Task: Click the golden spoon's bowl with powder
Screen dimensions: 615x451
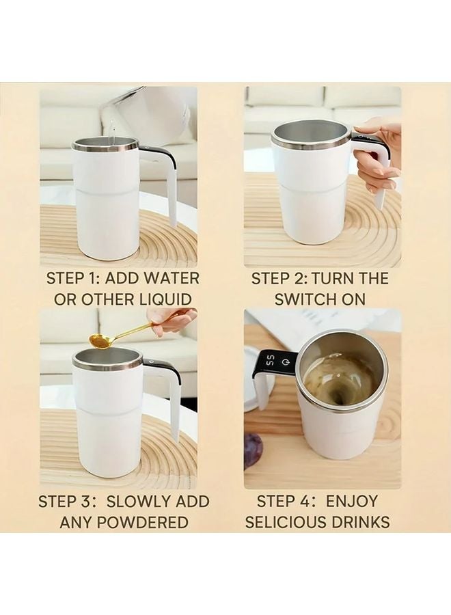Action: pos(100,340)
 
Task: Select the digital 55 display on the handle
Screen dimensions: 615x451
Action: pos(270,361)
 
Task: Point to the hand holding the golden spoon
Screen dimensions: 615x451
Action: pos(169,320)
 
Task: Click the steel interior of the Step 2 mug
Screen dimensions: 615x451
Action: pos(311,133)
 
